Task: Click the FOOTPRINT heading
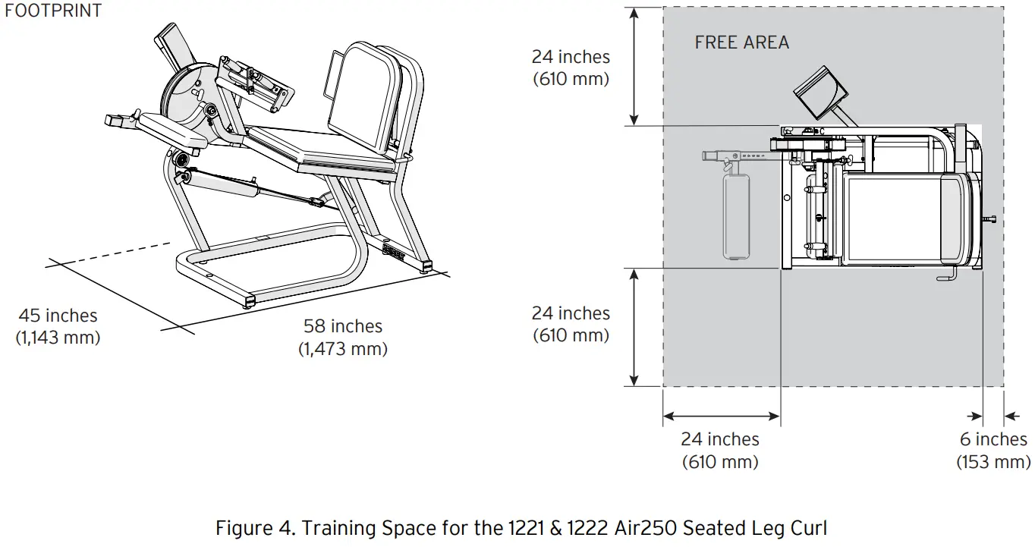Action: tap(53, 11)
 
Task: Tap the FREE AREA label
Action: tap(741, 42)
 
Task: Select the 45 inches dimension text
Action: tap(58, 315)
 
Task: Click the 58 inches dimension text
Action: tap(343, 326)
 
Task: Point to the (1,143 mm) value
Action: tap(58, 338)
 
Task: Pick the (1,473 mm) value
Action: tap(343, 349)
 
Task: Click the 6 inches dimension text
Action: tap(993, 439)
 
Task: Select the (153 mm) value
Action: tap(993, 462)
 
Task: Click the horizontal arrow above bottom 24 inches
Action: tap(721, 416)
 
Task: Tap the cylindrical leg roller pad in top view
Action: tap(736, 215)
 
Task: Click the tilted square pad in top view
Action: tap(820, 93)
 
